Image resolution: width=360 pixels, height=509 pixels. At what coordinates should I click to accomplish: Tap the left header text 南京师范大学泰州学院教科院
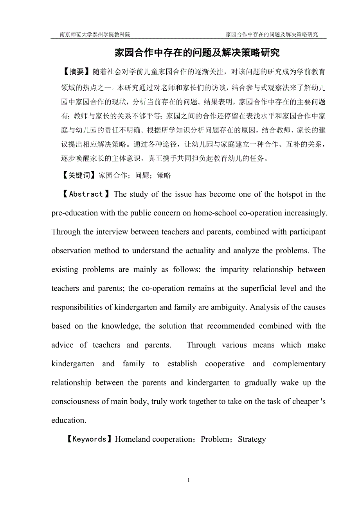95,34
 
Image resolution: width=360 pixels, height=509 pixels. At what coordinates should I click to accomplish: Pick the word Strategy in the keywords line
252,439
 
